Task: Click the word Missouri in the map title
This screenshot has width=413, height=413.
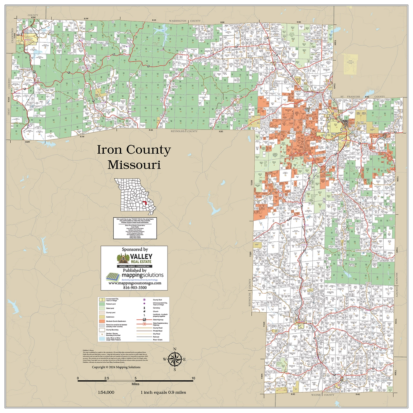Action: pos(134,165)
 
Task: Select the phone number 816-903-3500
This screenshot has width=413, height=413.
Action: pos(135,287)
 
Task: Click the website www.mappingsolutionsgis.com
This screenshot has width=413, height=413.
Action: pos(135,283)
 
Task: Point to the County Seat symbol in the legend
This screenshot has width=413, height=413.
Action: pos(144,300)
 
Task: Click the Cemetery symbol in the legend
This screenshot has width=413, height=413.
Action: pos(144,308)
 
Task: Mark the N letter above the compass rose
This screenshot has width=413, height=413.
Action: pos(175,349)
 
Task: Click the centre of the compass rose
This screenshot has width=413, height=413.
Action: pos(175,359)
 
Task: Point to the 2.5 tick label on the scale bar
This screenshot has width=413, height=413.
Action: pos(106,378)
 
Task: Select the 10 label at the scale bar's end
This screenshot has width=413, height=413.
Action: pos(193,378)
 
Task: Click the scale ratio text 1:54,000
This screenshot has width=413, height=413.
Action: pos(106,392)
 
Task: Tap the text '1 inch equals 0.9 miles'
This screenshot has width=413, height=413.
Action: pos(163,392)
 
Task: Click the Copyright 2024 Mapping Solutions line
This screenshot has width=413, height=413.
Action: pos(112,367)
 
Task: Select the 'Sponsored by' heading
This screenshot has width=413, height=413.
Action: pos(135,249)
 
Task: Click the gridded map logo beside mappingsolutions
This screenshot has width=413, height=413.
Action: pos(113,276)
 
